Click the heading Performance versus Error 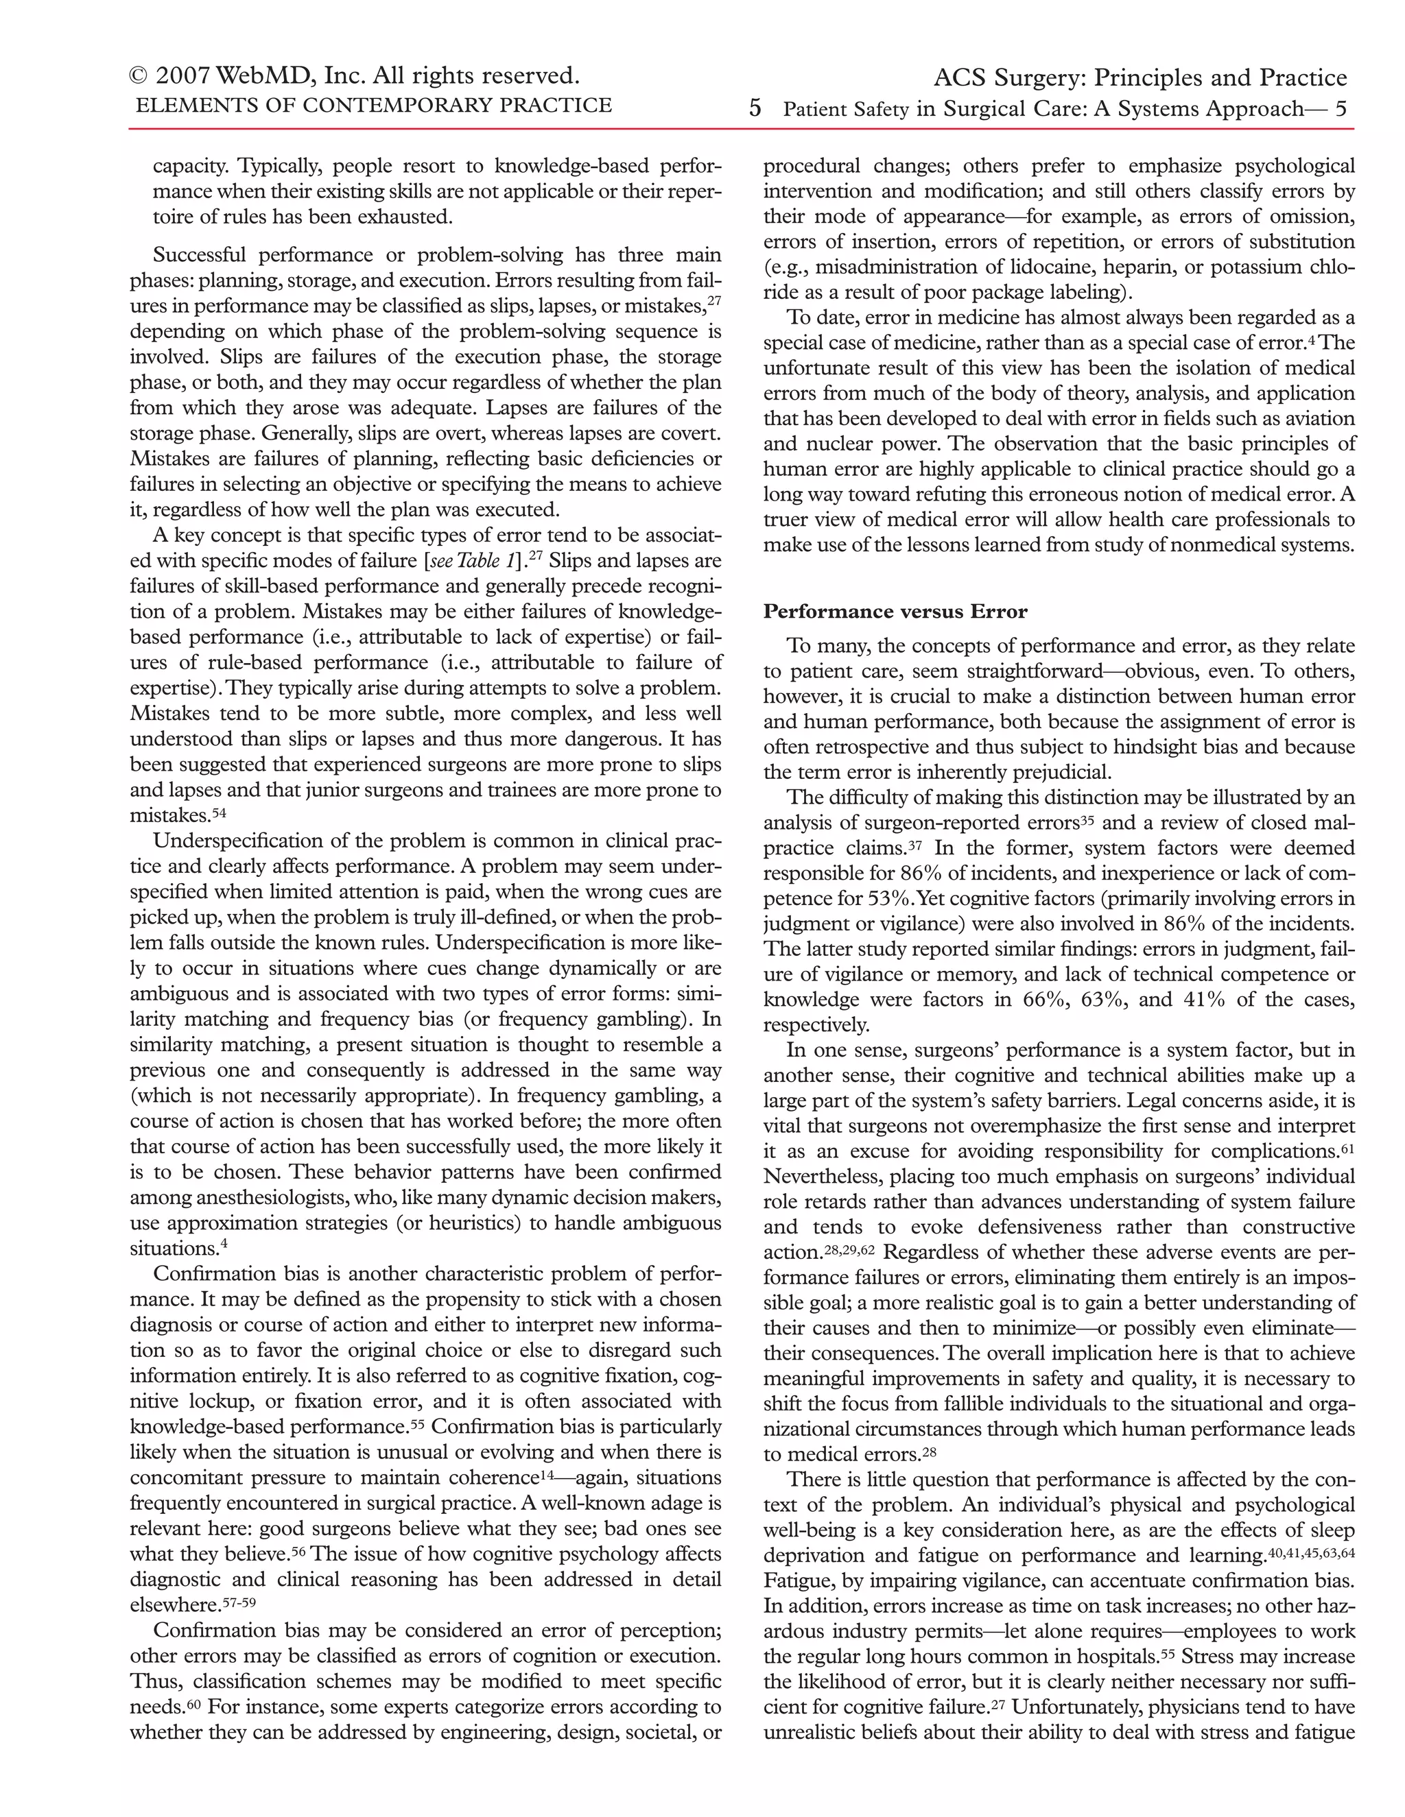coord(895,612)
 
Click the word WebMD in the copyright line coord(267,77)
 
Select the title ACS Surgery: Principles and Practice coord(1140,78)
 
